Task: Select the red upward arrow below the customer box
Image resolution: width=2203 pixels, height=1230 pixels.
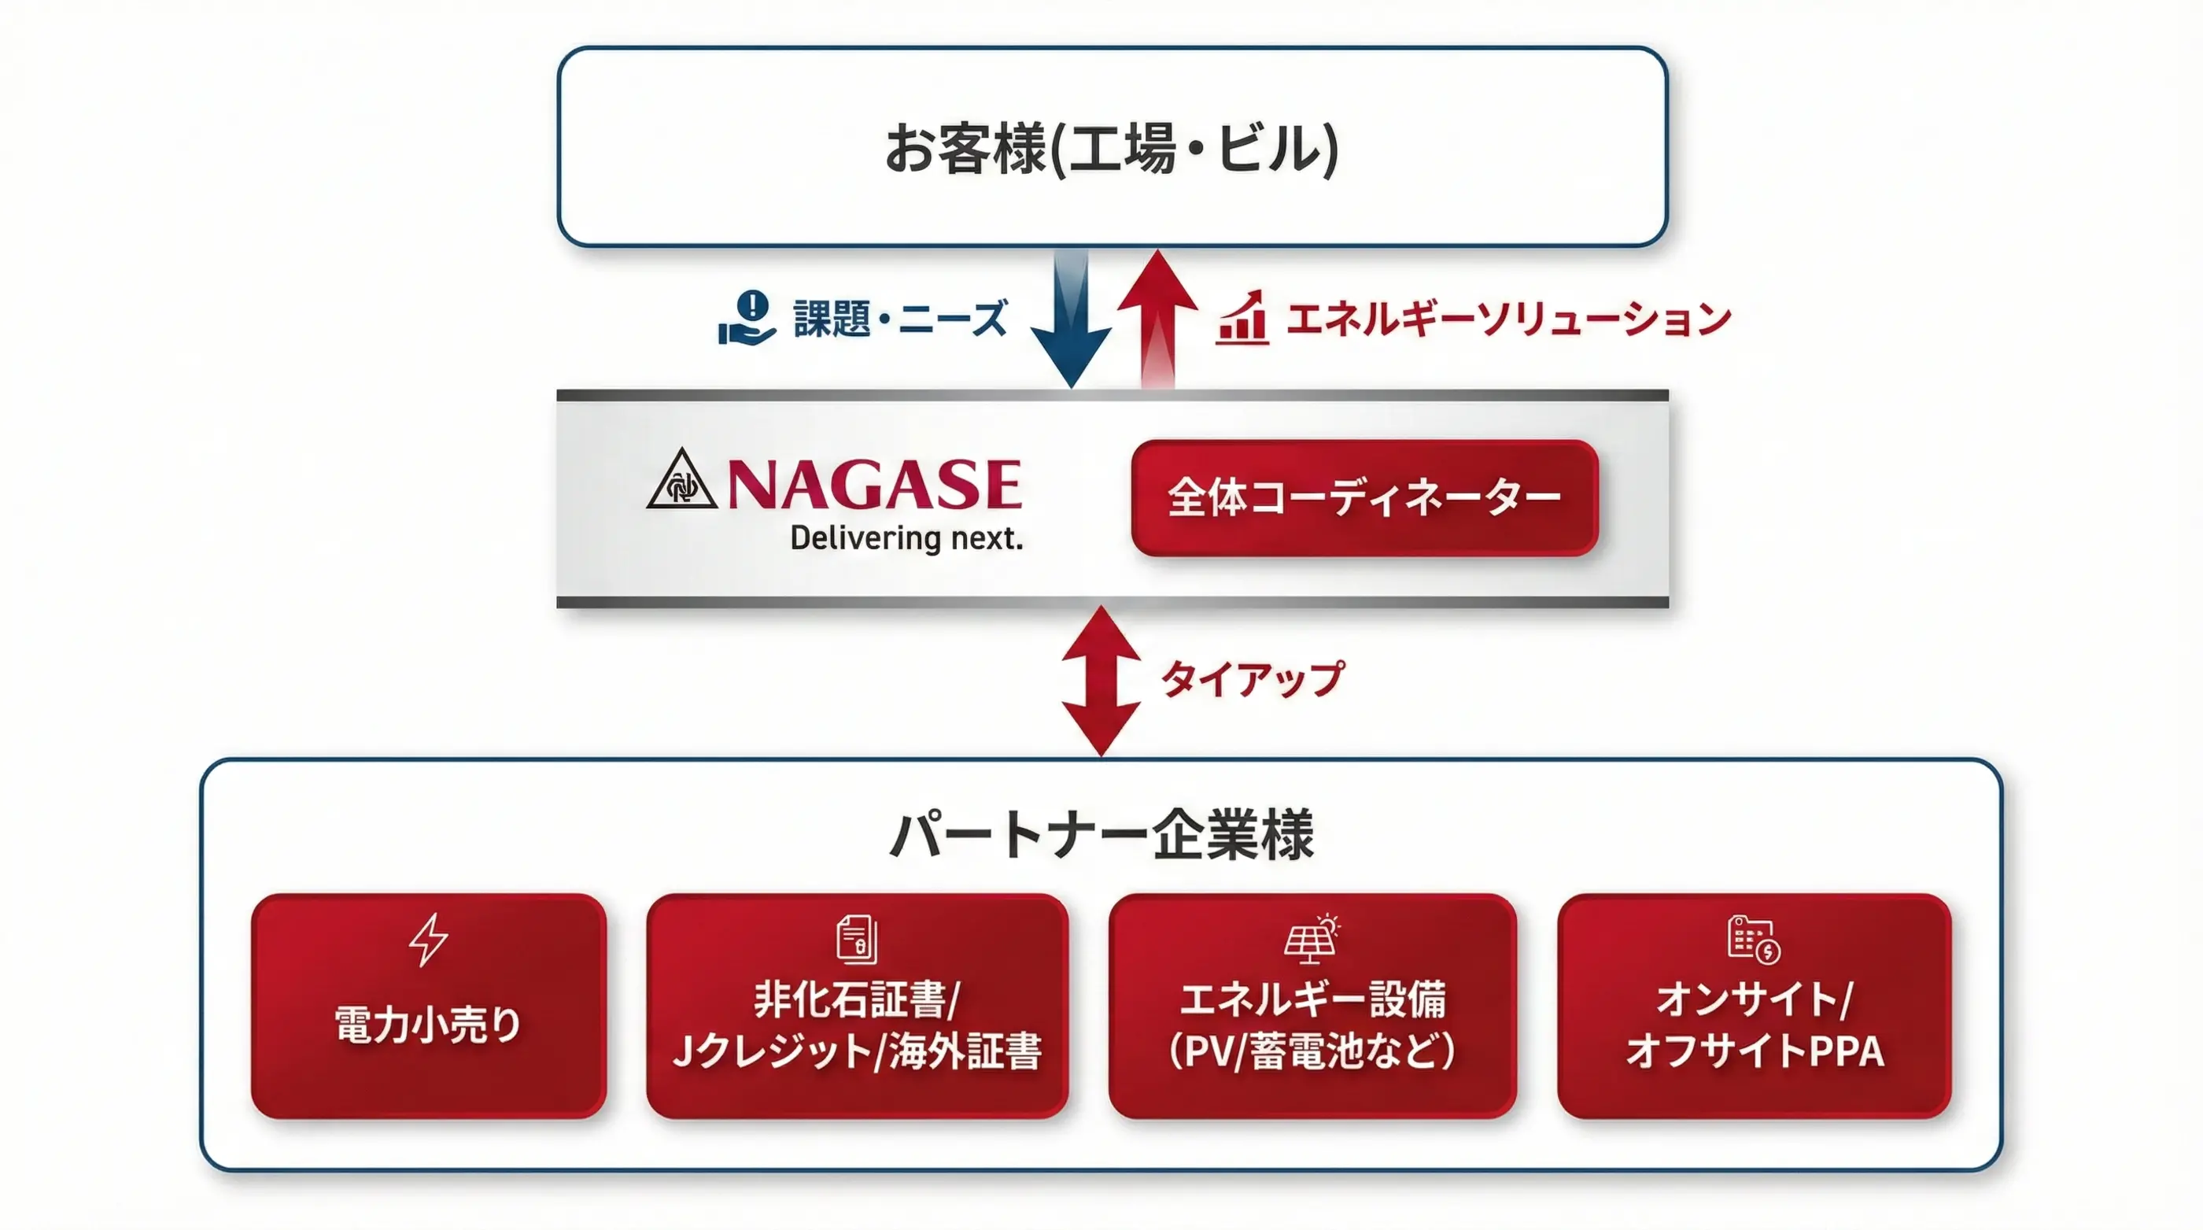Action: [1157, 316]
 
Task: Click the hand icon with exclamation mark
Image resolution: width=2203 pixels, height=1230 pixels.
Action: [747, 318]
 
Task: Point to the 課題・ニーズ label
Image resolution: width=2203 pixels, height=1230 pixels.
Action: [899, 319]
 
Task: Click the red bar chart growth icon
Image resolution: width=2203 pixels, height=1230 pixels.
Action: [1242, 318]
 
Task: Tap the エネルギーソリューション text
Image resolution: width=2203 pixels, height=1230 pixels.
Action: [1507, 319]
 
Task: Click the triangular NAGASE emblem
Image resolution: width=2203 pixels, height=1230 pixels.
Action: [681, 481]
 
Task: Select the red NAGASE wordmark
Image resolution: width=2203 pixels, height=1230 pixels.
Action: [874, 484]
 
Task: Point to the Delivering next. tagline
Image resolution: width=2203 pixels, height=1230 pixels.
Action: [906, 539]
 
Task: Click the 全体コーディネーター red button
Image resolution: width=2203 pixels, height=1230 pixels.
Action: [1364, 498]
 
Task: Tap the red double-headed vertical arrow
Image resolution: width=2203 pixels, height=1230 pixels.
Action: [1101, 681]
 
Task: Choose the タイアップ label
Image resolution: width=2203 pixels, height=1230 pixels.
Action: [1252, 679]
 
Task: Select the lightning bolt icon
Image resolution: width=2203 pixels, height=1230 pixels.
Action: [427, 940]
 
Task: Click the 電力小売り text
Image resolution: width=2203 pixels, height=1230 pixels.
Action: [427, 1024]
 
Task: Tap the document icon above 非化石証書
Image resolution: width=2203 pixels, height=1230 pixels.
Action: [856, 939]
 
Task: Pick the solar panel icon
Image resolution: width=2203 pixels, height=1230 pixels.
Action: [1312, 939]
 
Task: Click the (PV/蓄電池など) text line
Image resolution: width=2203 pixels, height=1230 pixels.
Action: [1312, 1051]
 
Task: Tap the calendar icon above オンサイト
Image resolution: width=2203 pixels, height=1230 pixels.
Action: [1753, 939]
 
